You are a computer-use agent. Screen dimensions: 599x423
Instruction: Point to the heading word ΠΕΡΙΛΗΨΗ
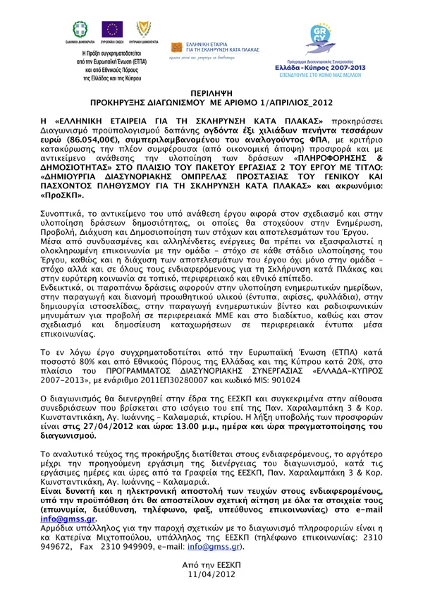click(x=211, y=92)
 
